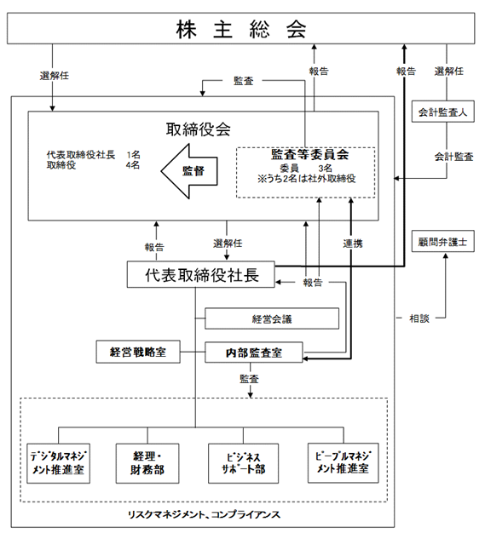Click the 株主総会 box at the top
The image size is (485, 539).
(241, 29)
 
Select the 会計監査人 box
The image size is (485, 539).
(443, 112)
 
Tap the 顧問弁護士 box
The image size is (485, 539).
(443, 241)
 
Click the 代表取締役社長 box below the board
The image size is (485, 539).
(201, 274)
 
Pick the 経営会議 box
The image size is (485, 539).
(272, 318)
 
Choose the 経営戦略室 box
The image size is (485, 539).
(138, 352)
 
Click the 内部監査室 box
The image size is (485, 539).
(254, 353)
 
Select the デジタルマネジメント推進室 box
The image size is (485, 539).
(59, 463)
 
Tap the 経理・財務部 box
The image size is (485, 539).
(147, 463)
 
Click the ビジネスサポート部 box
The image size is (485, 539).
(244, 463)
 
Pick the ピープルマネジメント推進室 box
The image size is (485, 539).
(344, 462)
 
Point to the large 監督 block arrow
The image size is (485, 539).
(189, 171)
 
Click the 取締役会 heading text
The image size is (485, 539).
(199, 129)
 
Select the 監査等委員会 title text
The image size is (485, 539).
(309, 154)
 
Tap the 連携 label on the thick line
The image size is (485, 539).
(353, 244)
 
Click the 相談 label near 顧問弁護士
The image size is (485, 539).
(419, 318)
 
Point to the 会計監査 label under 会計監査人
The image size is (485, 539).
(453, 157)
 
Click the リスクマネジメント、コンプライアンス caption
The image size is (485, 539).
(204, 514)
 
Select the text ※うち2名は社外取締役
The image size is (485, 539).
(306, 179)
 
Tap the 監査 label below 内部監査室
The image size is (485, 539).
(249, 379)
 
